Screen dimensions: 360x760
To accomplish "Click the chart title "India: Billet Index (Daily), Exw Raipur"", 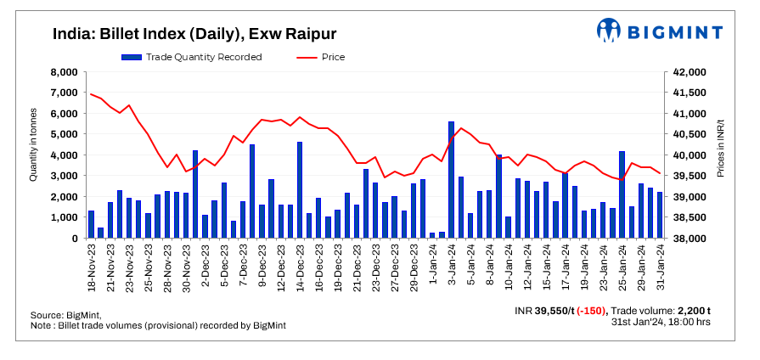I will click(x=194, y=34).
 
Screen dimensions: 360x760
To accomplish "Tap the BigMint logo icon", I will click(x=609, y=31).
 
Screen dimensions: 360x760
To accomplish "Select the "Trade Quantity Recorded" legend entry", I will click(x=191, y=57).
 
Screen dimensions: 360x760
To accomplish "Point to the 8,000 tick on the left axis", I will click(x=65, y=72).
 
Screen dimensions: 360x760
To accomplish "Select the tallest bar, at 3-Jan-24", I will click(x=451, y=180).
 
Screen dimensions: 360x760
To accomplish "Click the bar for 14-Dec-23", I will click(x=300, y=190).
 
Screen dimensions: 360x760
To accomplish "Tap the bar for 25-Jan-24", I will click(x=622, y=195).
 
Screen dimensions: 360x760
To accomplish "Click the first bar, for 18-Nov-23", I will click(x=91, y=225).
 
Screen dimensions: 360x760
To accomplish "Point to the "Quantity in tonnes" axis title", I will click(x=34, y=144).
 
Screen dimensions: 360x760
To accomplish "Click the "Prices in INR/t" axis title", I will click(x=719, y=146).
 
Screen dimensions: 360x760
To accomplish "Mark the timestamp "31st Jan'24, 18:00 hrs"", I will click(x=661, y=322).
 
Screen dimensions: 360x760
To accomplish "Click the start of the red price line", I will click(x=91, y=93).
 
